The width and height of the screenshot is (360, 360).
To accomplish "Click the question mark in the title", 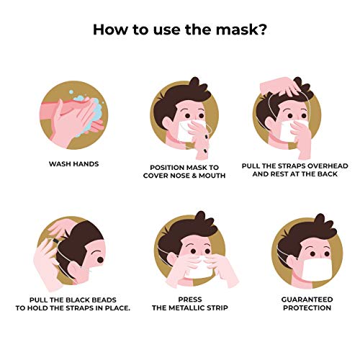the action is point(261,29).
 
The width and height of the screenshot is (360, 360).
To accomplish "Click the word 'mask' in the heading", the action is point(236,29).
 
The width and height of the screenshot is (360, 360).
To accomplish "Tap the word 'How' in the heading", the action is point(109,29).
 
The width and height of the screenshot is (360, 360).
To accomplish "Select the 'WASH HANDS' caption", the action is point(74,164).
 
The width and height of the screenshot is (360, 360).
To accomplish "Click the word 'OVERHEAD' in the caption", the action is point(328,166).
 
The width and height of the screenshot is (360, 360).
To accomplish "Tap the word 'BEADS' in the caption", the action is point(104,300).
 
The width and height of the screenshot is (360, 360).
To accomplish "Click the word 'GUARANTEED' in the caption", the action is point(307,300).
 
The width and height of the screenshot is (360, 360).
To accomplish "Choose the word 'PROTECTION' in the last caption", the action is point(307,307).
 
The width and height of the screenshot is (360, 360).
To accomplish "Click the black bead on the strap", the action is point(55,240).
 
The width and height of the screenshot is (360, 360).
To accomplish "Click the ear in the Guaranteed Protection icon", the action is point(292,262).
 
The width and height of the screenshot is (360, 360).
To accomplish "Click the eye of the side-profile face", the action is point(100,260).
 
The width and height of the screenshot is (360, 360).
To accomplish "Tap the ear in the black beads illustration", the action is point(75,271).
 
